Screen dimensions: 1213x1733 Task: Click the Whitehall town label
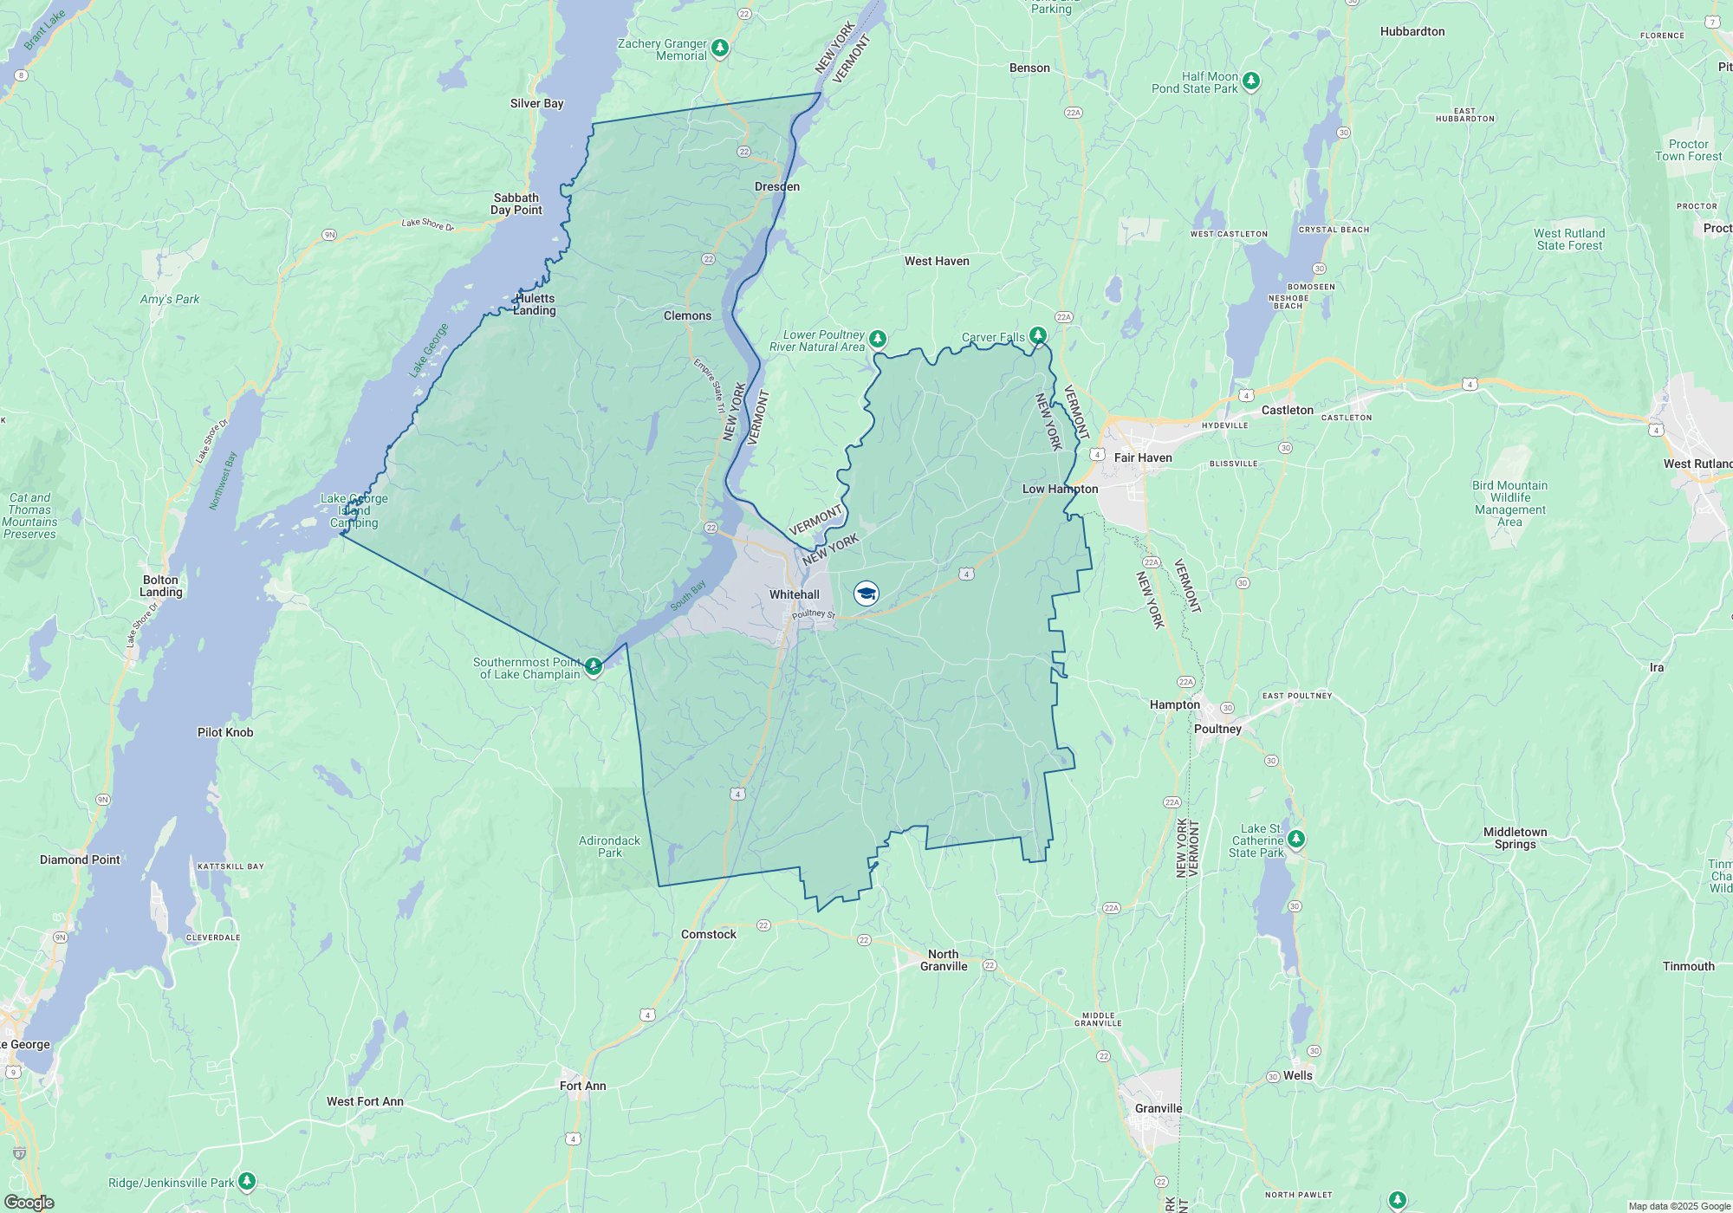[794, 594]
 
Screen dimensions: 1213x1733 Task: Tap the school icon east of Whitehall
[866, 594]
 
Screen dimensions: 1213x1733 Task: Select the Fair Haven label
[1142, 457]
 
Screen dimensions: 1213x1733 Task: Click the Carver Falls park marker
[1038, 335]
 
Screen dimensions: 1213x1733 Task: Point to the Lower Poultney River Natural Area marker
[878, 338]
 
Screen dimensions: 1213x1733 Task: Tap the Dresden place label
[776, 186]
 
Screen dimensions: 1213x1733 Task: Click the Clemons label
[687, 315]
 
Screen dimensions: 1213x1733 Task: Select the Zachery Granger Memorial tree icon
[720, 48]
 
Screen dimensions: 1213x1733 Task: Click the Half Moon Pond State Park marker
[1250, 81]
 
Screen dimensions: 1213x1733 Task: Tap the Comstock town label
[708, 934]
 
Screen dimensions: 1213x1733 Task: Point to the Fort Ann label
[582, 1086]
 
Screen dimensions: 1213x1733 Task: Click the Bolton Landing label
[161, 587]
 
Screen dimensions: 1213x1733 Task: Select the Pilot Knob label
[225, 732]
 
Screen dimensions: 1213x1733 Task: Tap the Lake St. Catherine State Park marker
[1295, 839]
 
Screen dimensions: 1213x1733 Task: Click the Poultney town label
[1217, 729]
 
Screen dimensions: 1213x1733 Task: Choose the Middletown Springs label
[1515, 838]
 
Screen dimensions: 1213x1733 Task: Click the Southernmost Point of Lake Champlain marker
[594, 666]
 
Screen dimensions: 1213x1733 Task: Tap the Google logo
[29, 1203]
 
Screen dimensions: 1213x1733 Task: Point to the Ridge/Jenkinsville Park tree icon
[247, 1181]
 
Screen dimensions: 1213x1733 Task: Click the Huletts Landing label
[535, 304]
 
